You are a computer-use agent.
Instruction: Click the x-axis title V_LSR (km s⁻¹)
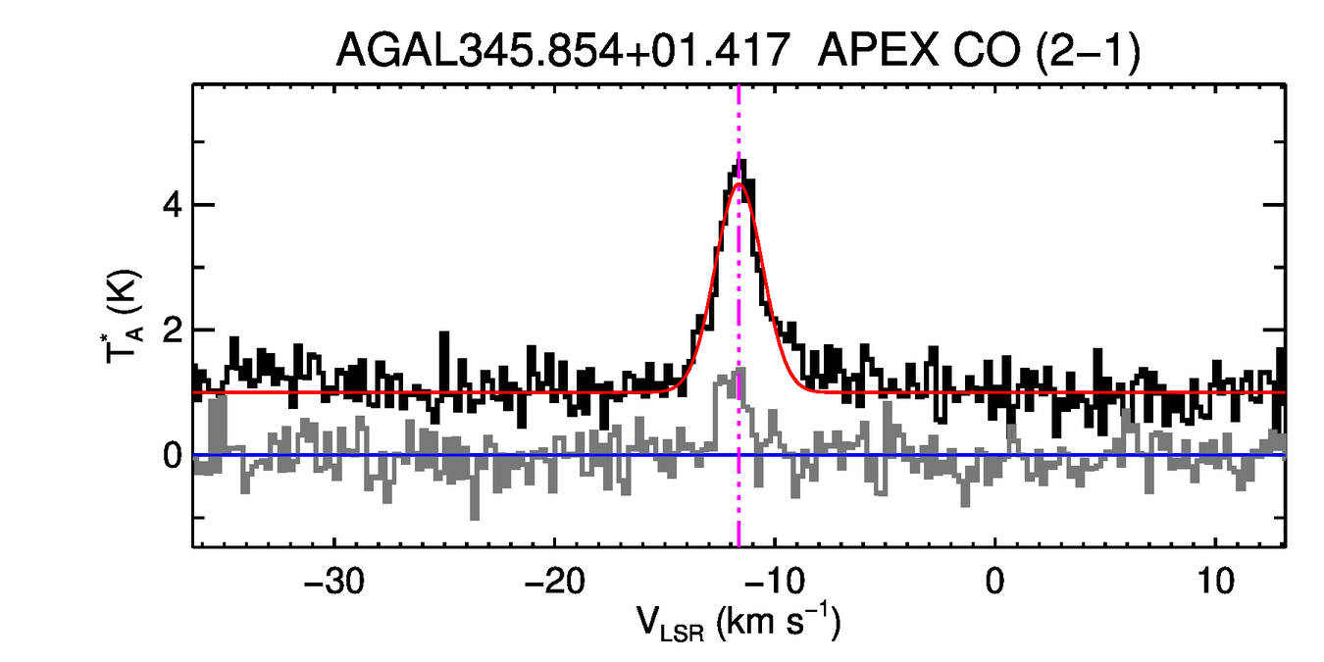click(x=738, y=624)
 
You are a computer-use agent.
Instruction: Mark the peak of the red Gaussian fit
click(x=739, y=184)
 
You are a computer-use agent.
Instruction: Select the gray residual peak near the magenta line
click(x=739, y=371)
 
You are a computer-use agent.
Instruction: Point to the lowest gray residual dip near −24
click(x=476, y=516)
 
